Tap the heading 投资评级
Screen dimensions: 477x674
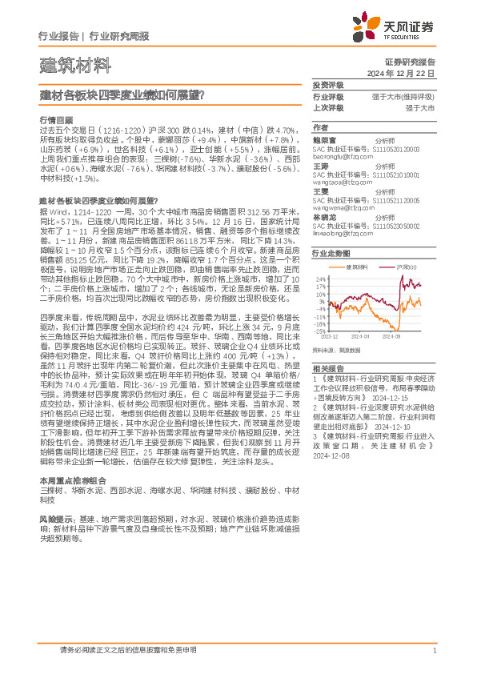click(327, 85)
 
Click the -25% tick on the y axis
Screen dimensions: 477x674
click(320, 330)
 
